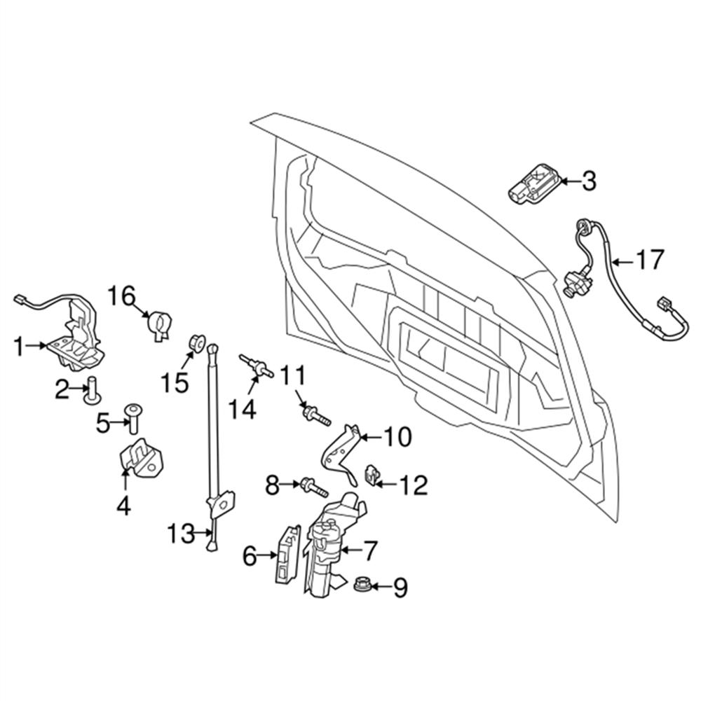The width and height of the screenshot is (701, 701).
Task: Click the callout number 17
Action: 648,261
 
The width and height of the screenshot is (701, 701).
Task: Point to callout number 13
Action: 180,535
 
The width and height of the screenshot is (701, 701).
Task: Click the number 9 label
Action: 400,587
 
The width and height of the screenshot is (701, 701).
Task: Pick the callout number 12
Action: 413,484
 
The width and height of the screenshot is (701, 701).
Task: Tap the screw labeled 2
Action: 90,389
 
